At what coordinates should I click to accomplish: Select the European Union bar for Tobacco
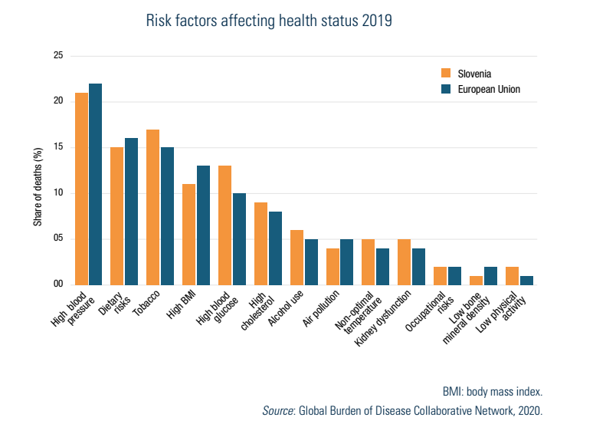click(x=167, y=215)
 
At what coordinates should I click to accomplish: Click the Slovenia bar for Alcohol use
click(x=296, y=257)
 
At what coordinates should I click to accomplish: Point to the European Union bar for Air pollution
click(x=346, y=261)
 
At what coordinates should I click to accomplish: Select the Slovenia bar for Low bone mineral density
click(x=476, y=280)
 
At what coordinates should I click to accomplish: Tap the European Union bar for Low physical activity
click(x=526, y=280)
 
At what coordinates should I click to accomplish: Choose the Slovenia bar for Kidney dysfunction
click(x=404, y=261)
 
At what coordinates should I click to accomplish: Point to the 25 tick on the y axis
click(x=58, y=56)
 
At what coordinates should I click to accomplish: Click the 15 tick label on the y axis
click(x=58, y=147)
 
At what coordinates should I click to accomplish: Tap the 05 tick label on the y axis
click(x=58, y=238)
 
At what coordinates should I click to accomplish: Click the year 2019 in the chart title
click(x=375, y=21)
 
